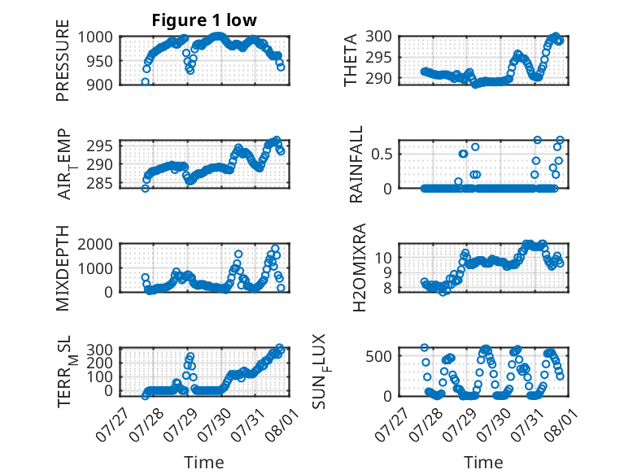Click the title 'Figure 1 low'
tap(204, 20)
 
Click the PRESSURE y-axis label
tap(63, 60)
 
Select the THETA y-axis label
tap(351, 60)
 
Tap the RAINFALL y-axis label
tap(356, 164)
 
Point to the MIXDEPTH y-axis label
tap(63, 267)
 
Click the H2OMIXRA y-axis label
tap(359, 267)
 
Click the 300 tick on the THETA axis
tap(378, 37)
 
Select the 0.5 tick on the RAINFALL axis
tap(381, 154)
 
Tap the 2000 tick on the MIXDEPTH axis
tap(95, 244)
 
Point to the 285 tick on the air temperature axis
tap(99, 184)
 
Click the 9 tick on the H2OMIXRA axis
tap(387, 273)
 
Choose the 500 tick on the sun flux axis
tap(378, 356)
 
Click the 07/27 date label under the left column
tap(111, 424)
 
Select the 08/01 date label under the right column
tap(561, 424)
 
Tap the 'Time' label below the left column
tap(204, 463)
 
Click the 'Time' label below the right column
tap(483, 463)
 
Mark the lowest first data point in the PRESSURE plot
tap(145, 81)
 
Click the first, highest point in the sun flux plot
tap(424, 348)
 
